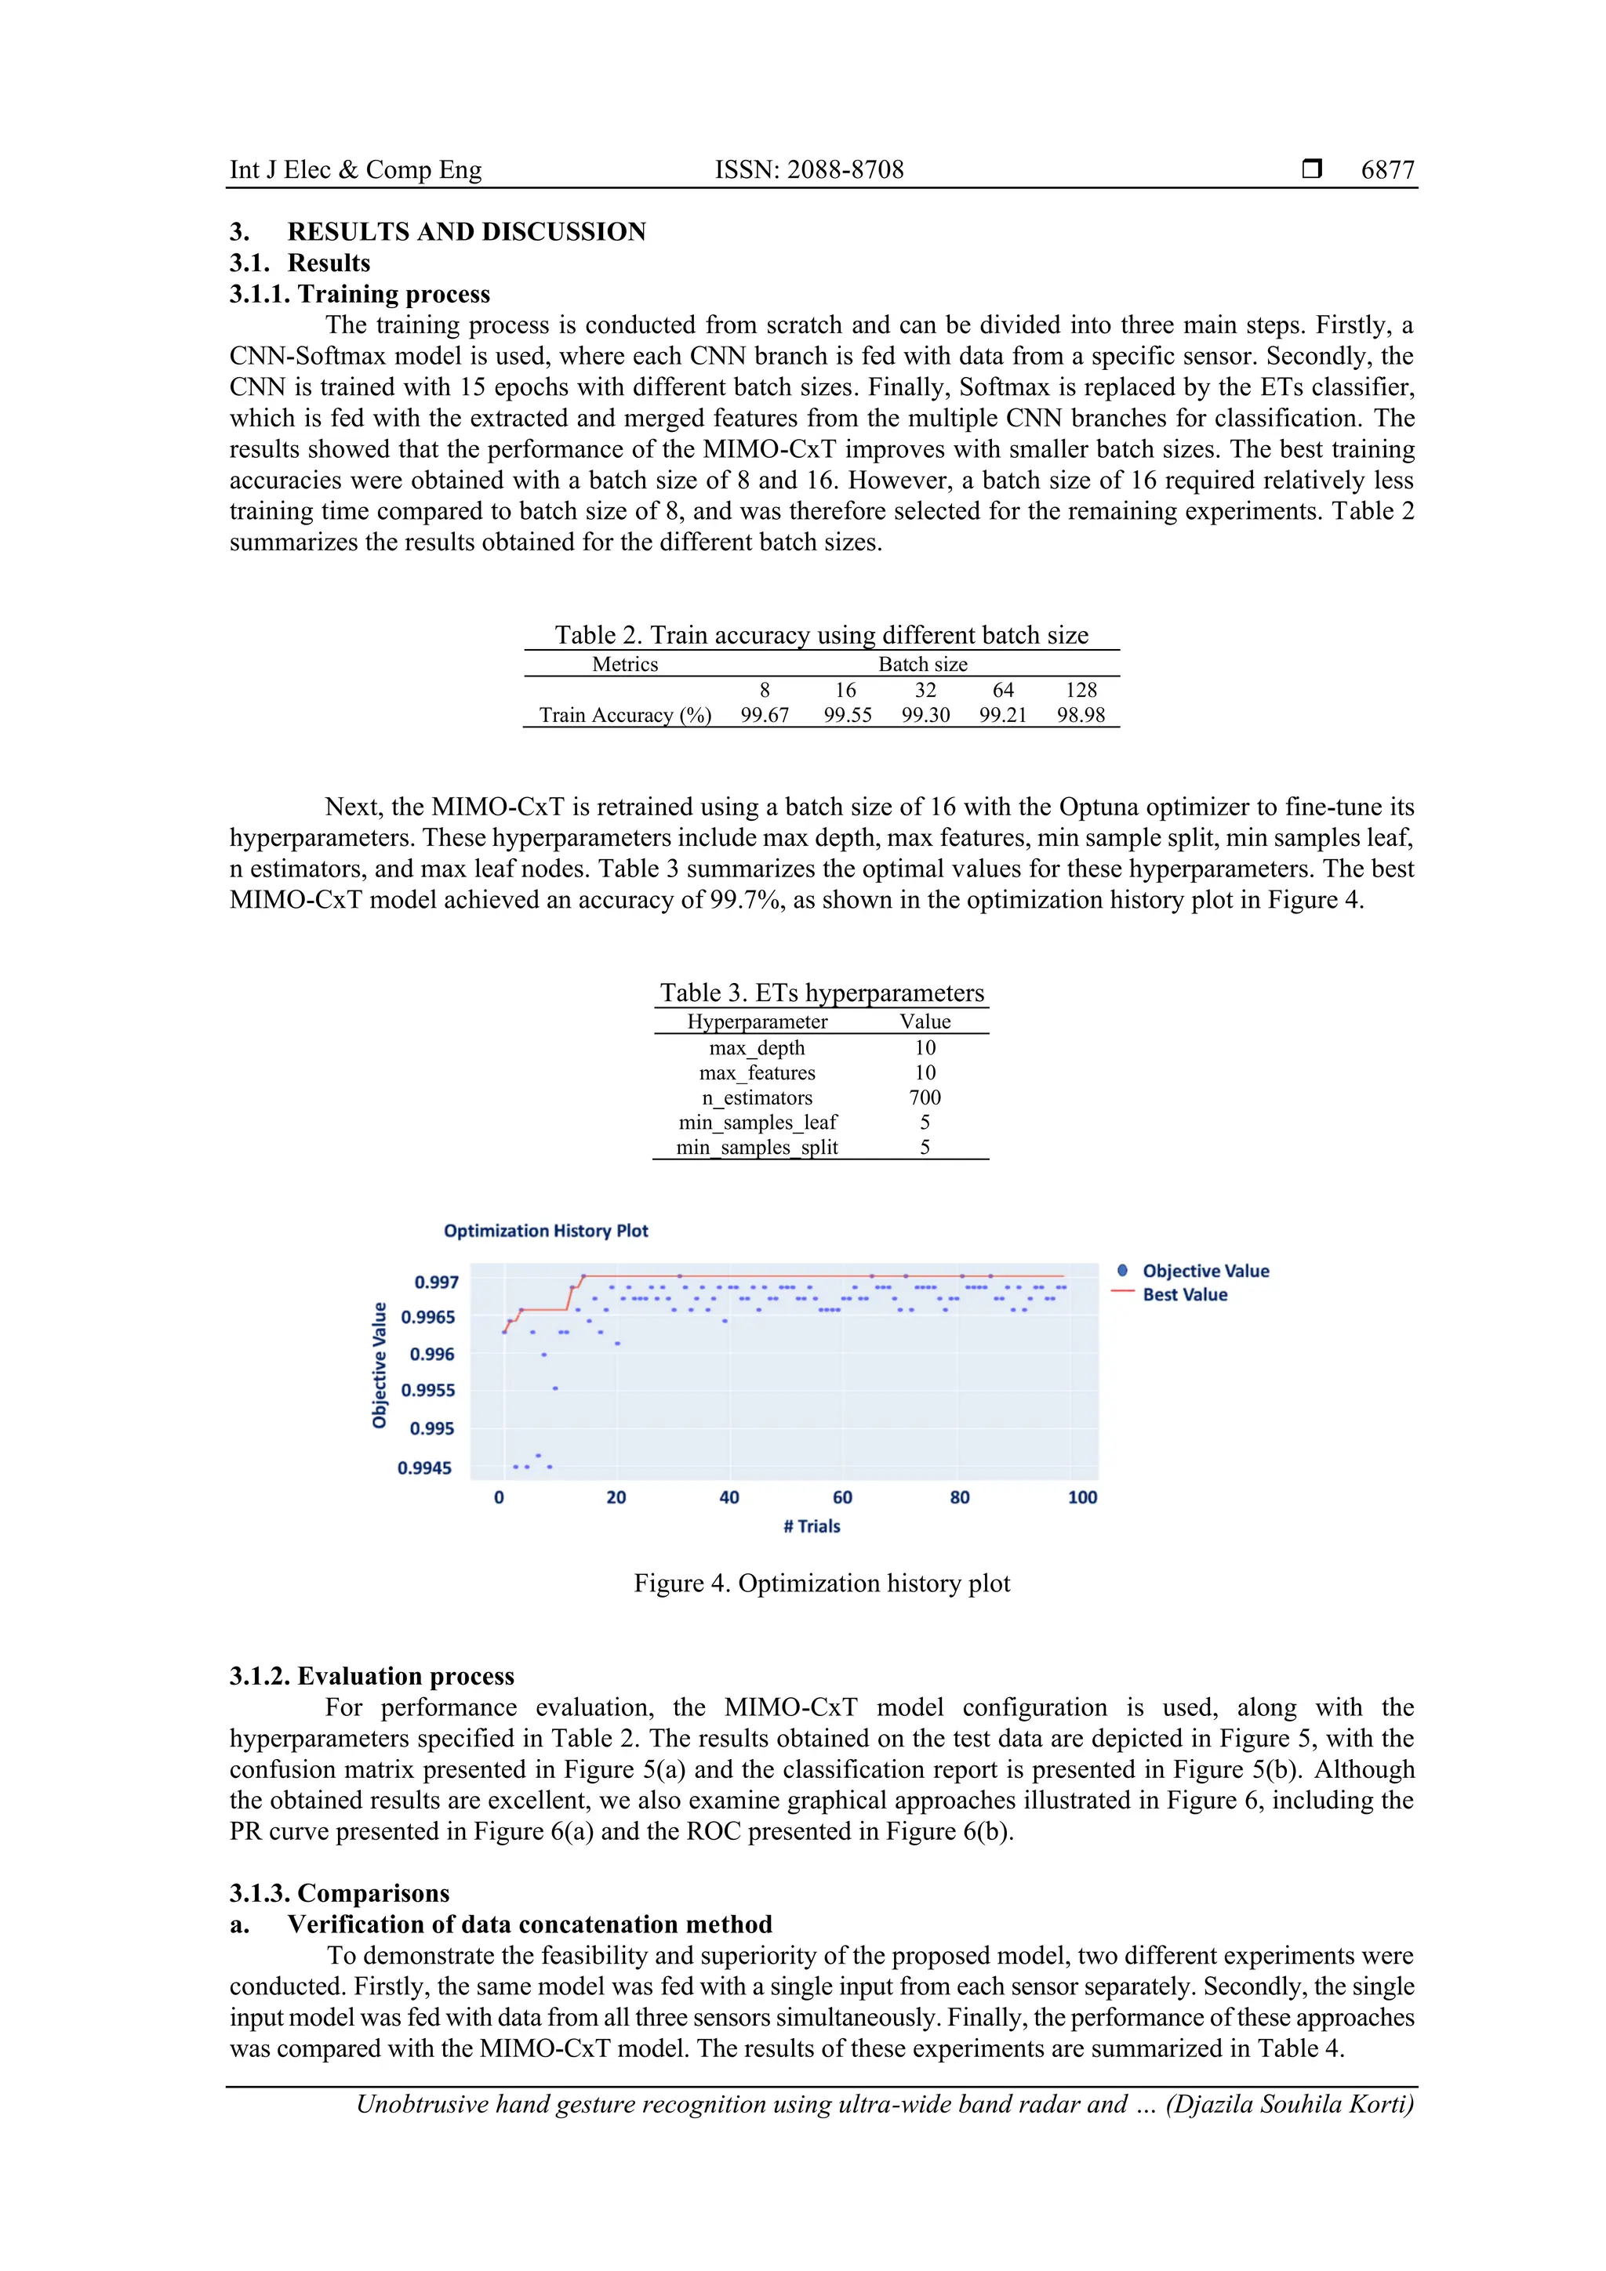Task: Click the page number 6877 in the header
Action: [1387, 170]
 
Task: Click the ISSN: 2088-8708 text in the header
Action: [808, 170]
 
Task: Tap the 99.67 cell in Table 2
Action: [764, 715]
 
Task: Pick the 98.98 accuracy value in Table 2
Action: [1080, 715]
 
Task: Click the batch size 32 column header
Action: [925, 691]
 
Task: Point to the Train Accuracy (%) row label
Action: [624, 715]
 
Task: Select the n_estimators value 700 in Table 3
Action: [925, 1098]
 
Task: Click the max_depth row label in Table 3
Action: [756, 1048]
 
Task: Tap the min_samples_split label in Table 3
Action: [756, 1148]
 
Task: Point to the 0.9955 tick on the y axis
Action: [427, 1391]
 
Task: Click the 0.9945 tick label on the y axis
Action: [423, 1467]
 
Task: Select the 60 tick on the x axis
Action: [842, 1497]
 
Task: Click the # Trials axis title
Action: [812, 1526]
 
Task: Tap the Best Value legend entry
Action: [1183, 1295]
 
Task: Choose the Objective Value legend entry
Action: [1204, 1271]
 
